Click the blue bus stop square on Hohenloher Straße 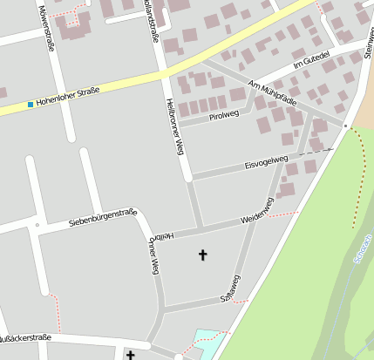pyautogui.click(x=31, y=105)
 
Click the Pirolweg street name pyautogui.click(x=224, y=114)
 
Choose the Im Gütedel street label pyautogui.click(x=311, y=60)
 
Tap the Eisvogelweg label pyautogui.click(x=266, y=162)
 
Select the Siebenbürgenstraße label pyautogui.click(x=103, y=217)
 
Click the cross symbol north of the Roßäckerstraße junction pyautogui.click(x=204, y=255)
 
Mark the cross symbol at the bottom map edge pyautogui.click(x=131, y=355)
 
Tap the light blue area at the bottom pyautogui.click(x=207, y=341)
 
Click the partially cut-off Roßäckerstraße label pyautogui.click(x=26, y=337)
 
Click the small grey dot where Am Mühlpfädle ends pyautogui.click(x=345, y=126)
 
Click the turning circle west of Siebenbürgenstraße pyautogui.click(x=37, y=224)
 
